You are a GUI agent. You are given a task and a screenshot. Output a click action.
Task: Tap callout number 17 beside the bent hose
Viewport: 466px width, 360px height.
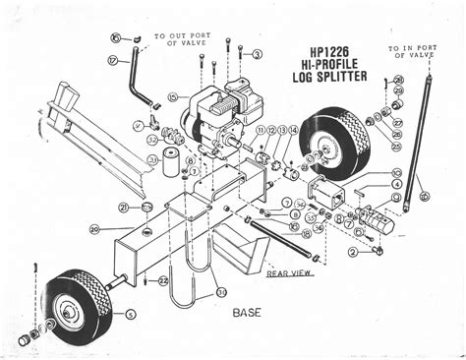[x=113, y=60]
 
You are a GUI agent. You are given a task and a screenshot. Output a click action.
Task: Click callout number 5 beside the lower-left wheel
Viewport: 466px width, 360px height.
[x=131, y=315]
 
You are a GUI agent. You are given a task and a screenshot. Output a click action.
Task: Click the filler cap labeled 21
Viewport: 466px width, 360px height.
[x=146, y=207]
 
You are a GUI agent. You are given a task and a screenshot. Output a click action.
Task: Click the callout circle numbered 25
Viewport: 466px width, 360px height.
[x=397, y=147]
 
